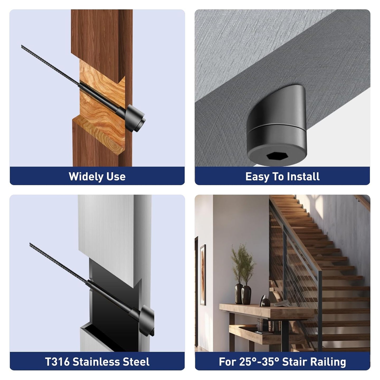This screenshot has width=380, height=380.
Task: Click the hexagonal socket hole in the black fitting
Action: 277,156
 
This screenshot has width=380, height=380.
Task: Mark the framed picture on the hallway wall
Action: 203,275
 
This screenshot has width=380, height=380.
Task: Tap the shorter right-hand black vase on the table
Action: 246,295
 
